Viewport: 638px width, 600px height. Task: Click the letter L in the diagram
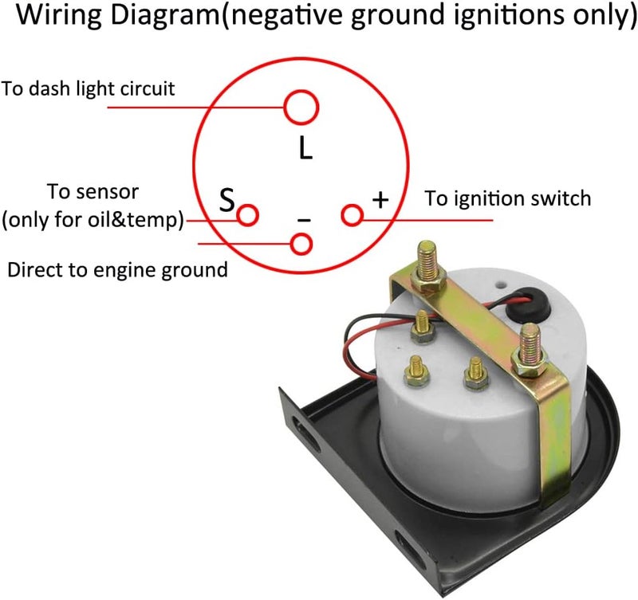point(305,148)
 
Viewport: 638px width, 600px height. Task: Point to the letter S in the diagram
point(227,199)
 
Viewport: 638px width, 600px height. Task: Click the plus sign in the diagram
point(380,199)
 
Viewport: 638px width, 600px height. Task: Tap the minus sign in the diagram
point(304,221)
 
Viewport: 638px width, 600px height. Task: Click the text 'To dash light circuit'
point(88,89)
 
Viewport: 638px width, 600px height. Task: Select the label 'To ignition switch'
point(508,198)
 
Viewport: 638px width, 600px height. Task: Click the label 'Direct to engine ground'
point(117,270)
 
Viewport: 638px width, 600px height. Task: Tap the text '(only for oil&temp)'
point(93,220)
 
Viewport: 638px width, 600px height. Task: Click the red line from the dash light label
point(195,108)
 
